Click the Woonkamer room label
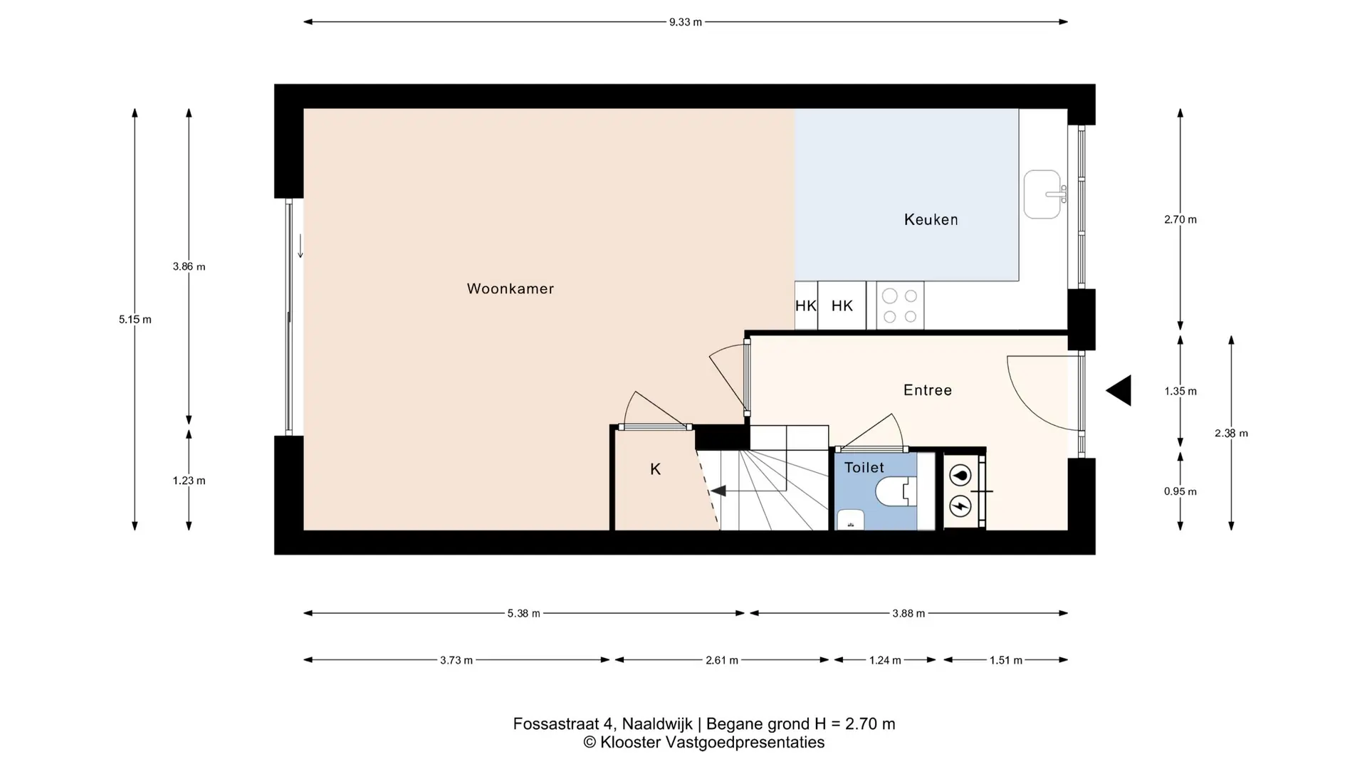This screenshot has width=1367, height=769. (x=510, y=288)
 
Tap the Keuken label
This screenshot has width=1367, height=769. (x=931, y=219)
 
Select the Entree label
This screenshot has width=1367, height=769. (x=927, y=390)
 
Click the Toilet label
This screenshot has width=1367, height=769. (x=864, y=468)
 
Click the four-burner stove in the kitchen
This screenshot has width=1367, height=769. (x=900, y=305)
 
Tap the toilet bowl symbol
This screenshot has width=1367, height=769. (x=896, y=491)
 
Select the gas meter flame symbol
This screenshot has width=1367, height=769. (x=960, y=476)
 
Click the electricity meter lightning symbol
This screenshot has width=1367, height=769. (x=960, y=506)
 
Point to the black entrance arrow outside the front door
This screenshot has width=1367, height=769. (x=1119, y=390)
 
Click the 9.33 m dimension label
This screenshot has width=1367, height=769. (x=685, y=22)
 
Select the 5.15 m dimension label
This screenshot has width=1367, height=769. (x=135, y=320)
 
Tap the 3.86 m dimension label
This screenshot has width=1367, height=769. (x=189, y=267)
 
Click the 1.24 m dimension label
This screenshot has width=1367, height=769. (x=885, y=661)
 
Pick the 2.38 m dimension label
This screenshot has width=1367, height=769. (x=1231, y=433)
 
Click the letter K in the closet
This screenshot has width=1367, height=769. (x=656, y=469)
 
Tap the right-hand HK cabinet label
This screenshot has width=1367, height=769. (x=842, y=305)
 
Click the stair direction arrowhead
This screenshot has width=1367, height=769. (x=718, y=491)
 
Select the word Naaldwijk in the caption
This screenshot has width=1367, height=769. (x=657, y=724)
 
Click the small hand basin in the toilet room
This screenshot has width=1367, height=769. (x=850, y=520)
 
